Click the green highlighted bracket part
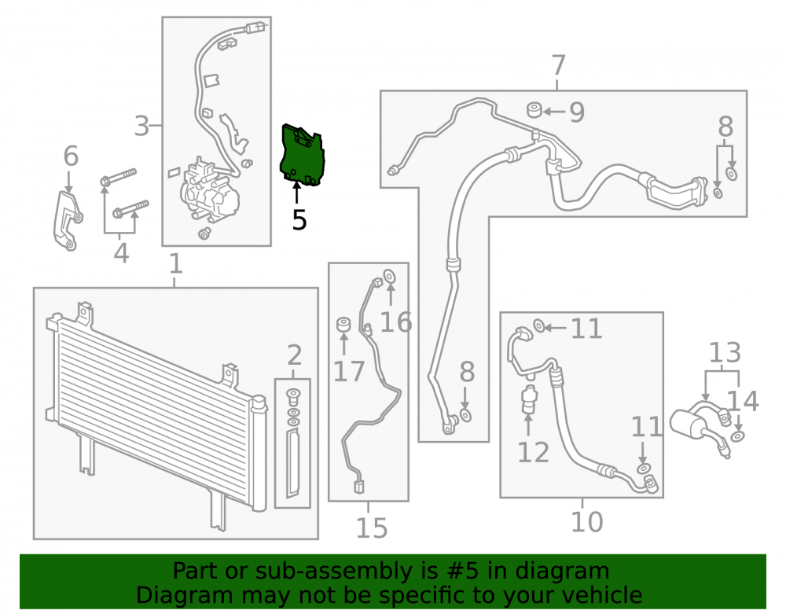click(x=302, y=156)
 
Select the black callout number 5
click(x=299, y=220)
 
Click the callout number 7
click(x=558, y=66)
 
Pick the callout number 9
click(x=577, y=112)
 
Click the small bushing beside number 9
click(x=534, y=109)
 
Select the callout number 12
click(x=533, y=452)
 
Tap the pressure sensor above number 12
click(x=528, y=399)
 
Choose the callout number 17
click(x=349, y=371)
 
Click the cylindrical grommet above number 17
click(x=343, y=324)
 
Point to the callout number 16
click(x=396, y=322)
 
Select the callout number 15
click(x=372, y=528)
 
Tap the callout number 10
click(x=586, y=522)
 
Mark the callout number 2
click(x=294, y=355)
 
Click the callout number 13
click(x=725, y=352)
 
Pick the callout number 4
click(x=121, y=252)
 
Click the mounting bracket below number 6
click(x=68, y=221)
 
